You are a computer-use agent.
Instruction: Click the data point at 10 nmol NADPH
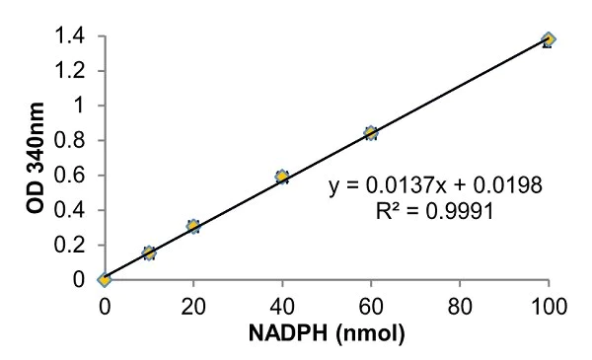pyautogui.click(x=149, y=253)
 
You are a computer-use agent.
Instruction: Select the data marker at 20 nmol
pyautogui.click(x=193, y=227)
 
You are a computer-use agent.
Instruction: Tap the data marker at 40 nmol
pyautogui.click(x=282, y=177)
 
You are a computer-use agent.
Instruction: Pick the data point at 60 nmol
pyautogui.click(x=371, y=133)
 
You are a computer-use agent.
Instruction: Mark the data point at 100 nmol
pyautogui.click(x=549, y=39)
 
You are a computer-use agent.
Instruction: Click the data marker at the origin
pyautogui.click(x=105, y=280)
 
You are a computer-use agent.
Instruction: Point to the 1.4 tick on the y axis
pyautogui.click(x=76, y=36)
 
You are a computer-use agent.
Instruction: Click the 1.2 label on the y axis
pyautogui.click(x=76, y=71)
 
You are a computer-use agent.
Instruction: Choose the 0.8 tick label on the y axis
pyautogui.click(x=76, y=141)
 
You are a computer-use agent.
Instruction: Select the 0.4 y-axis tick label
pyautogui.click(x=76, y=210)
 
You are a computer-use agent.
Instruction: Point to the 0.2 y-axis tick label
pyautogui.click(x=76, y=246)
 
